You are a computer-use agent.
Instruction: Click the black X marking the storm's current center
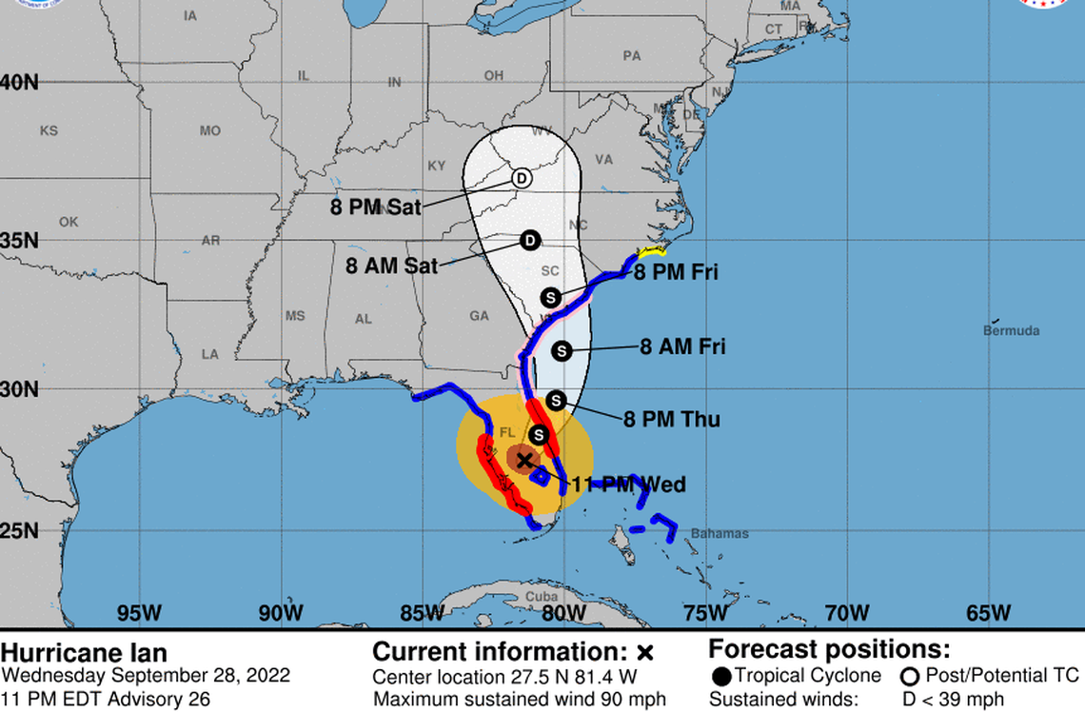(x=523, y=460)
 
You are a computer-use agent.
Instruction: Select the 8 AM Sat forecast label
(x=392, y=266)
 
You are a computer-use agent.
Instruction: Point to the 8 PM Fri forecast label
(x=677, y=273)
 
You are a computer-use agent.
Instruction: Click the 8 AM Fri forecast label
(x=682, y=346)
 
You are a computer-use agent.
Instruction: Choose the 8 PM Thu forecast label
(x=672, y=419)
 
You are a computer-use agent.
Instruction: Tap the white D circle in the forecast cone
(x=522, y=178)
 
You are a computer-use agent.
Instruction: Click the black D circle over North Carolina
(x=530, y=241)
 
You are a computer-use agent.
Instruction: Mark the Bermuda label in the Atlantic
(x=1011, y=331)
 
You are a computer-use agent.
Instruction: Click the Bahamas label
(x=720, y=534)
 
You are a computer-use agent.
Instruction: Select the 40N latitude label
(x=20, y=83)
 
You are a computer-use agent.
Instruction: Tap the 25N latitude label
(x=20, y=530)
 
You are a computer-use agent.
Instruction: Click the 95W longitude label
(x=139, y=612)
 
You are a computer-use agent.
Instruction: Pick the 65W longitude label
(x=989, y=612)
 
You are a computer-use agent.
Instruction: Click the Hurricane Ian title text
(x=84, y=654)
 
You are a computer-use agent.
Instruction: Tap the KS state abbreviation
(x=49, y=130)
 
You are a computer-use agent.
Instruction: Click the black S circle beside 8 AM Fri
(x=561, y=350)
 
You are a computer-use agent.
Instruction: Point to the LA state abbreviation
(x=209, y=354)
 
